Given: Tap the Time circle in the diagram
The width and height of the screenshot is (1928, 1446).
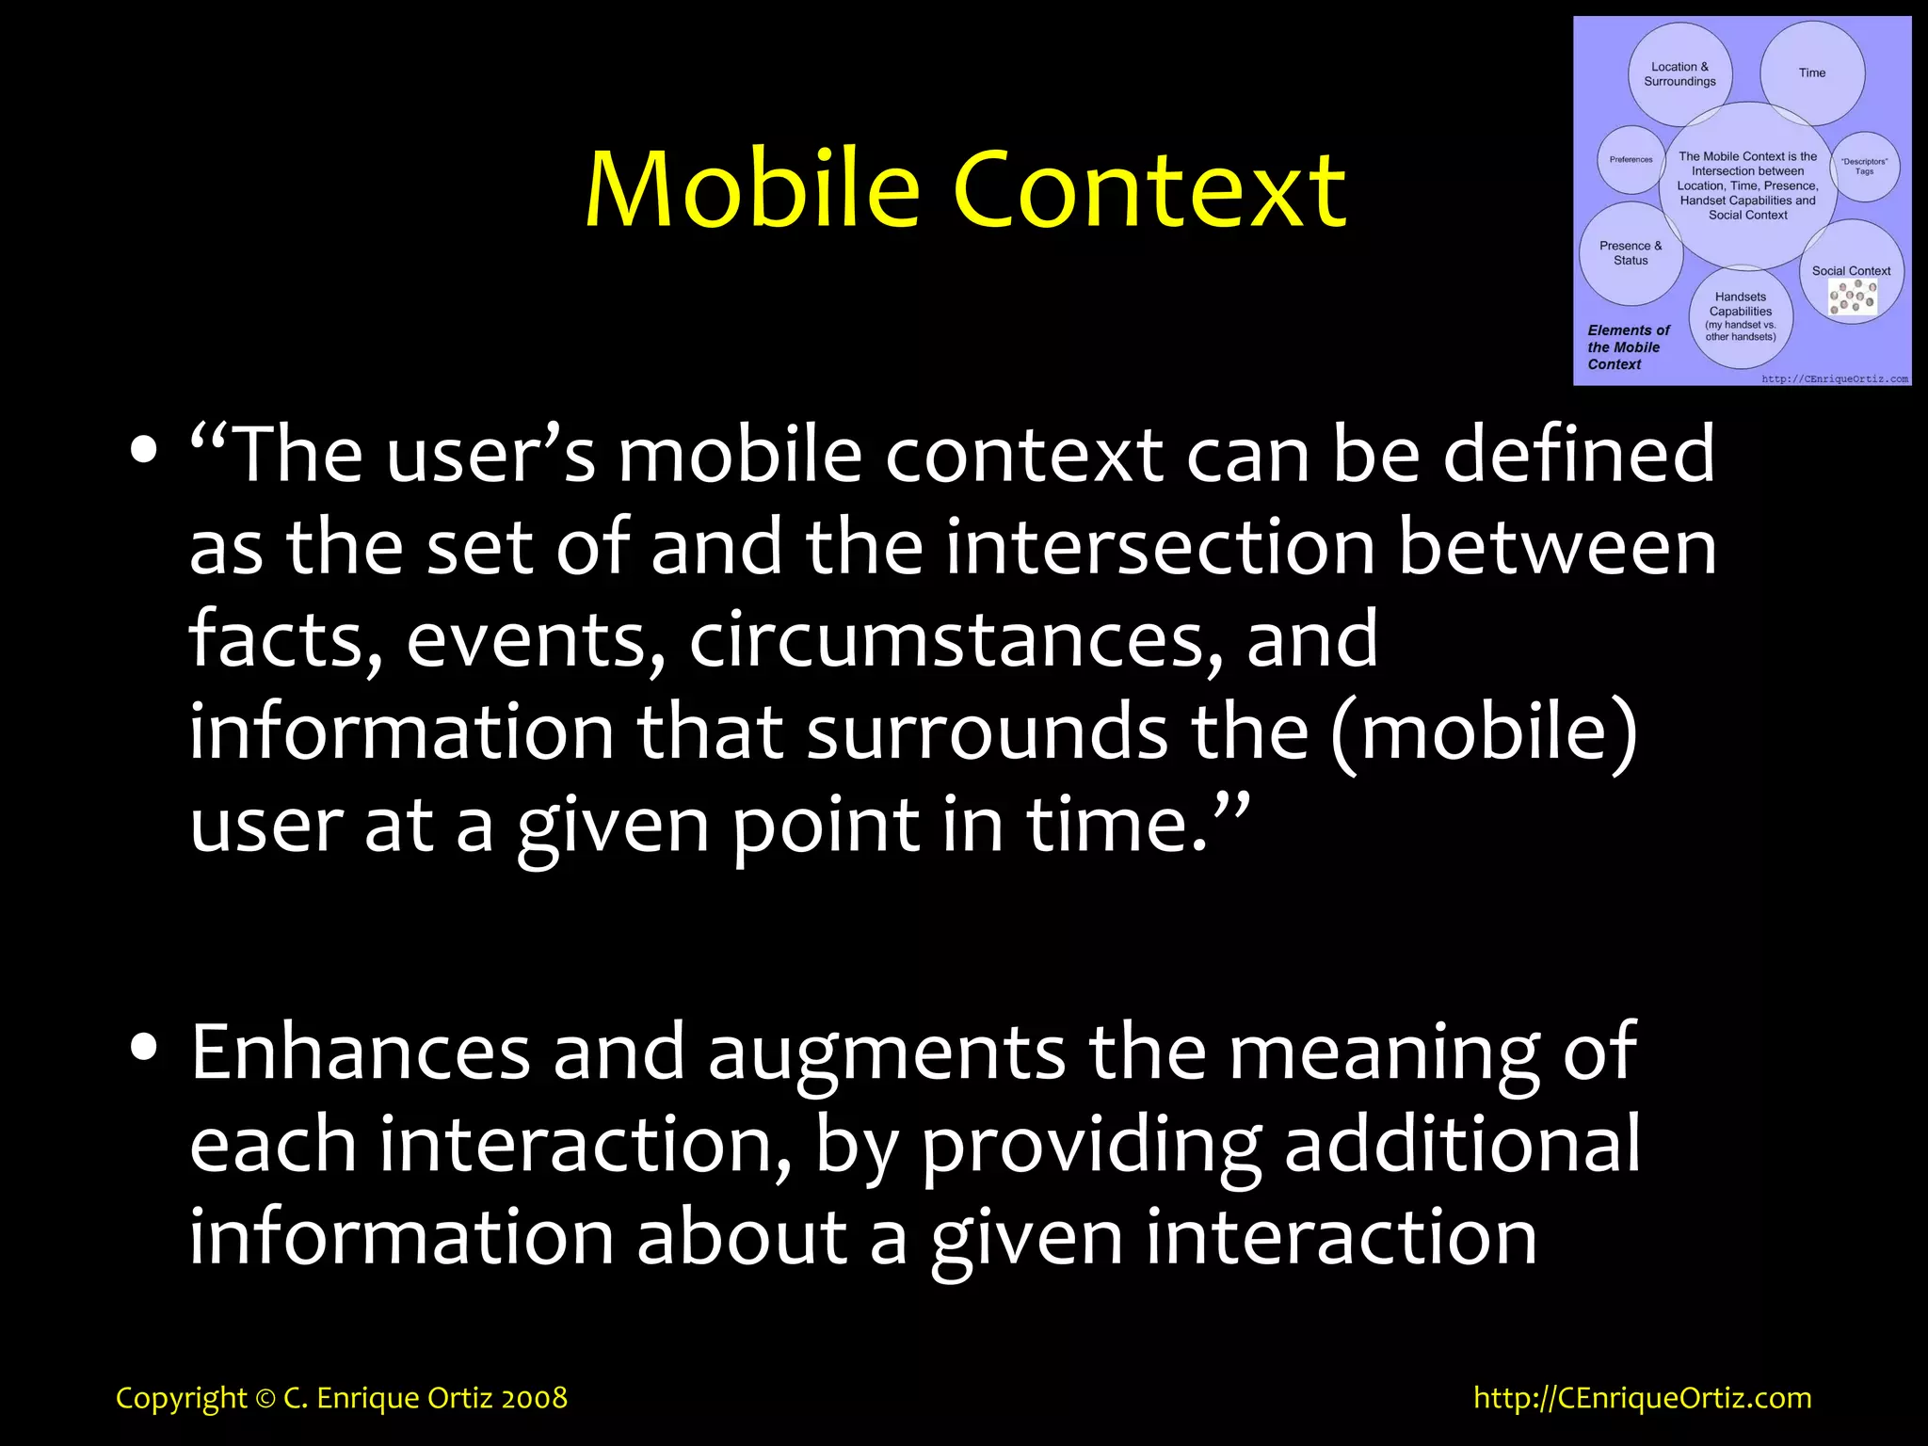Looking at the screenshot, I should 1811,73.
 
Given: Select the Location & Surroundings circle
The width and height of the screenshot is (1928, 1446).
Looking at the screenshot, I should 1679,74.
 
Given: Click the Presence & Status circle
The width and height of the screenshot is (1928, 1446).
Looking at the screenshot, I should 1630,253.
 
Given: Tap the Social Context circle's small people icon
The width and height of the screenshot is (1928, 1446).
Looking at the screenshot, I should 1852,298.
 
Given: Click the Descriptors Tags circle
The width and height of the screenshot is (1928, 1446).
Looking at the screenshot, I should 1865,167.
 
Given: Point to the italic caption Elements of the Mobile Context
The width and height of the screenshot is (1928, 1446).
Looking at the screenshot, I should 1628,347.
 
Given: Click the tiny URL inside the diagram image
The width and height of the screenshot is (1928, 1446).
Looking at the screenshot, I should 1834,379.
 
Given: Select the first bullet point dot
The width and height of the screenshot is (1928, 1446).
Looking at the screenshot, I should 144,450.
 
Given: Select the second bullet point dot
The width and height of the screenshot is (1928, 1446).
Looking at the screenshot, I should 144,1047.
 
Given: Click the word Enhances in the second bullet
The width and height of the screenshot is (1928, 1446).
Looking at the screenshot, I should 361,1052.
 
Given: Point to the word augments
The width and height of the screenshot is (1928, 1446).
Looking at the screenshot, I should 886,1052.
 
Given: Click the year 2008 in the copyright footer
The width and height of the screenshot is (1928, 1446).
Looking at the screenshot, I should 534,1398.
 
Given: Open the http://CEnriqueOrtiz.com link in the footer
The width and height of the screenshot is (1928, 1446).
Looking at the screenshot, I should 1642,1398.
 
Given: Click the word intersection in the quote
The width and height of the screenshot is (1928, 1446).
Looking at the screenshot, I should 1160,548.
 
